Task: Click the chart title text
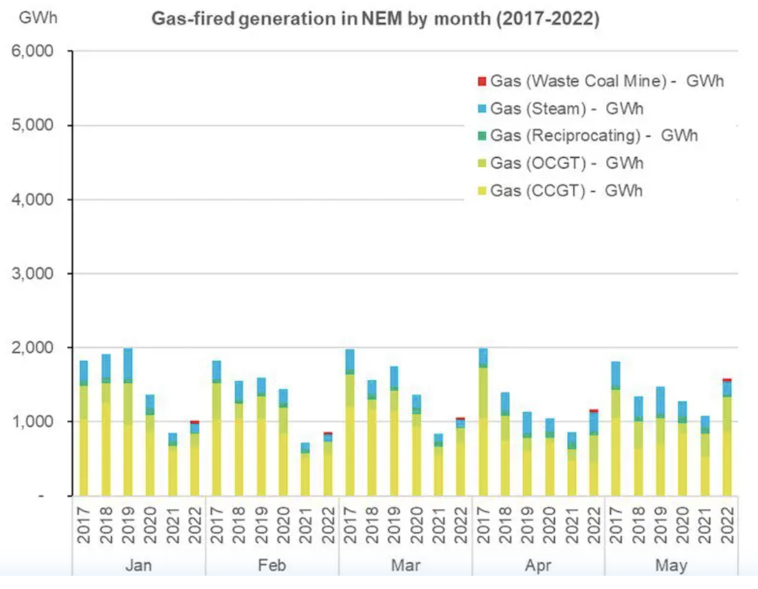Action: [x=375, y=19]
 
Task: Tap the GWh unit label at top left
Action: [x=38, y=18]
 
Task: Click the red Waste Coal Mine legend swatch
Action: [x=482, y=81]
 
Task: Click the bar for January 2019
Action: [x=128, y=426]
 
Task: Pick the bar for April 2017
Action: [x=483, y=426]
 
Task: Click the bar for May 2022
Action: [x=727, y=438]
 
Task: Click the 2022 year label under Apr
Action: [x=594, y=520]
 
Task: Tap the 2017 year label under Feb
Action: [x=216, y=520]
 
